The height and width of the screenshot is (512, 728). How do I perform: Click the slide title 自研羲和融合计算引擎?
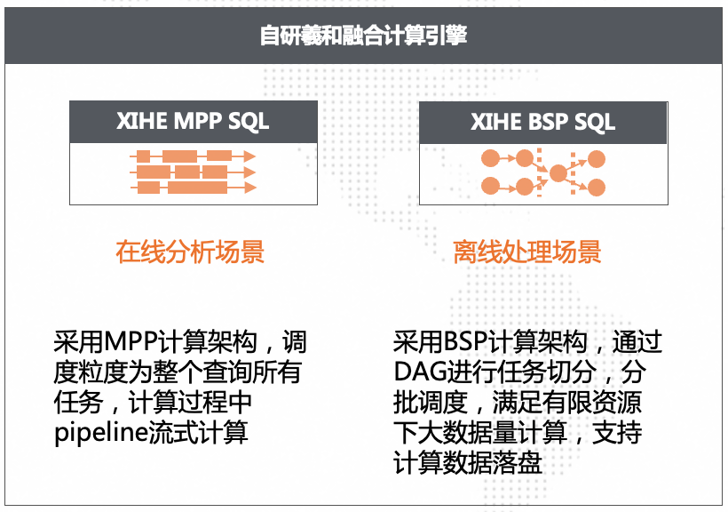(364, 36)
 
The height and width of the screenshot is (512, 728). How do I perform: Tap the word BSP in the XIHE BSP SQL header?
(542, 121)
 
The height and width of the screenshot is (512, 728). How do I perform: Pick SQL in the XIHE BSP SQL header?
(594, 121)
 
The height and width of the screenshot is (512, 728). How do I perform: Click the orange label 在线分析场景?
(190, 252)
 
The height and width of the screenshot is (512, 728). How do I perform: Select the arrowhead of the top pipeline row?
(249, 156)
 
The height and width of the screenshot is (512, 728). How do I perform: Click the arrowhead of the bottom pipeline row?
(249, 188)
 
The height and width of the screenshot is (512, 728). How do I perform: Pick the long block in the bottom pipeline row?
(197, 188)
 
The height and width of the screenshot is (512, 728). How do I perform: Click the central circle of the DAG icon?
(558, 173)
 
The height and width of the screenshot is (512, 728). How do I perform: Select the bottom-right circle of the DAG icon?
(597, 188)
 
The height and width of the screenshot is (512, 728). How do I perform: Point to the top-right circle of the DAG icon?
(597, 159)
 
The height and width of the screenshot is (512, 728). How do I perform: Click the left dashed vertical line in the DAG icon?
(540, 172)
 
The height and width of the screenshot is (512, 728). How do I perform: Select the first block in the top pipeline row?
(143, 156)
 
